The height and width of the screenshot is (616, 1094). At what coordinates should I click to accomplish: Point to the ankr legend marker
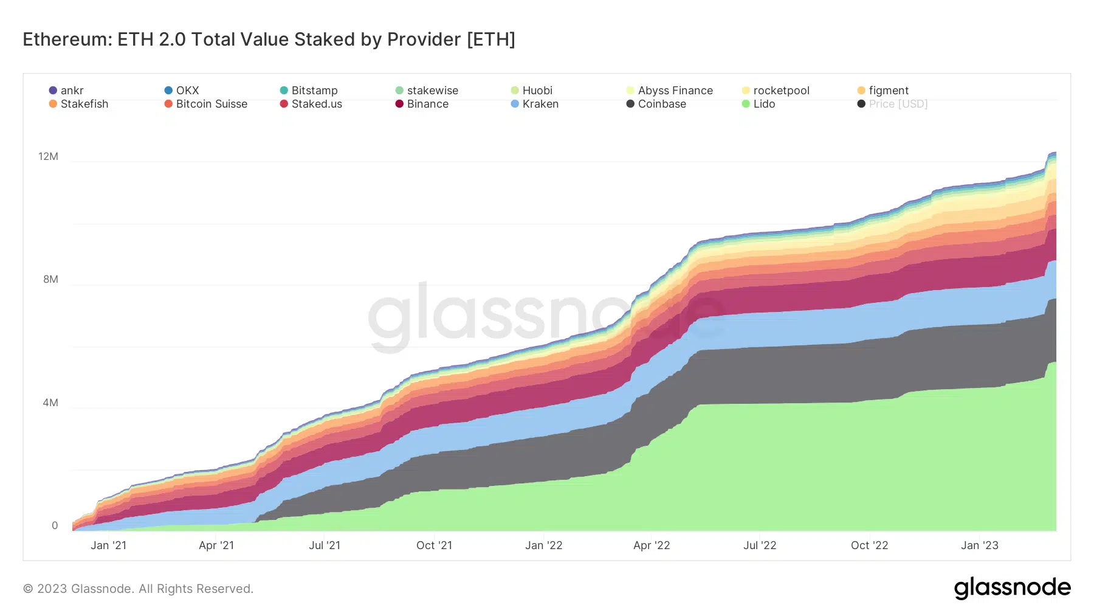point(53,91)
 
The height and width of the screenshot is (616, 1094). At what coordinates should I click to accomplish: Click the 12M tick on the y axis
point(49,156)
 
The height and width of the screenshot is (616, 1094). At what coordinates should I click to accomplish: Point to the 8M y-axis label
point(50,279)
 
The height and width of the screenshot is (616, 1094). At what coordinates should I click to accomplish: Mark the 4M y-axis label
point(50,403)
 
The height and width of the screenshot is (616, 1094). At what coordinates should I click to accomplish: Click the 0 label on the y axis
point(55,525)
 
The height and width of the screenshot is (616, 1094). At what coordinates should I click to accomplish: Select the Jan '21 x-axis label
point(108,545)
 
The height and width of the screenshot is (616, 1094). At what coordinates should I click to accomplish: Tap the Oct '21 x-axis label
point(434,545)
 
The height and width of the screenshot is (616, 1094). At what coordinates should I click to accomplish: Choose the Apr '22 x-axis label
point(652,545)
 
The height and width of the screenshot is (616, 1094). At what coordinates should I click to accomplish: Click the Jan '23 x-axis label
point(979,545)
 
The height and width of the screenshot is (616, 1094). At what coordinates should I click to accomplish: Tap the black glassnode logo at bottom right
point(1012,587)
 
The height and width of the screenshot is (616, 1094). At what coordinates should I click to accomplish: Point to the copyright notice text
point(138,589)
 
